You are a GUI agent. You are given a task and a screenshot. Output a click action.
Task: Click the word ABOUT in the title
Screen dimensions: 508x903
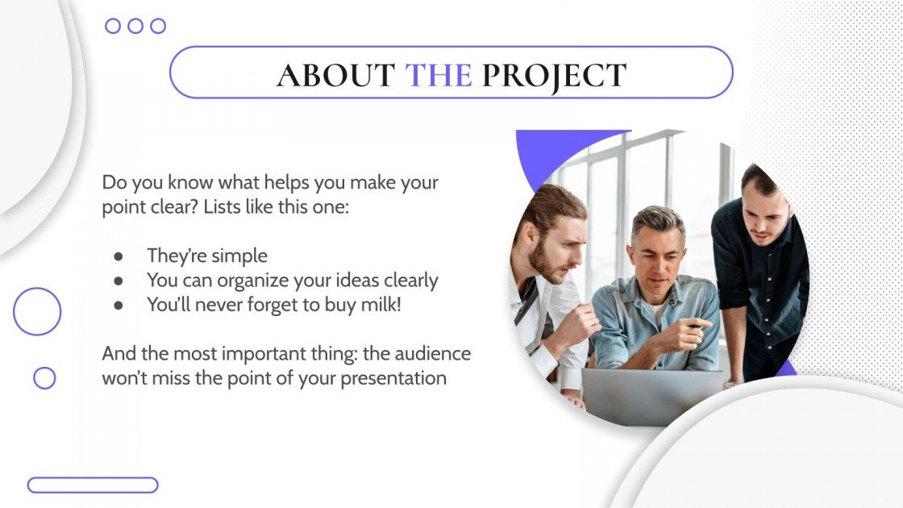[335, 75]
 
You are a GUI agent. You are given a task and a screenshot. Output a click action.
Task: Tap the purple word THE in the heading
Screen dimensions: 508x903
[438, 75]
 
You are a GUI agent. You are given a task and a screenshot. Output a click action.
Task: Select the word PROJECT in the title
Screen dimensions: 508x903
[554, 75]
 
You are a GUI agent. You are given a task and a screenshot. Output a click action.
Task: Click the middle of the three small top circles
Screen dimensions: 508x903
[135, 26]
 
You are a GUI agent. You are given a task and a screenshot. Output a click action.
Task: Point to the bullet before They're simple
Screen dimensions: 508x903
[119, 256]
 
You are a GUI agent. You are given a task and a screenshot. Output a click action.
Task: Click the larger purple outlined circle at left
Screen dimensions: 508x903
[37, 312]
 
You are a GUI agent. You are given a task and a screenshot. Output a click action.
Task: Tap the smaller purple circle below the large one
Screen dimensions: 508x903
[44, 378]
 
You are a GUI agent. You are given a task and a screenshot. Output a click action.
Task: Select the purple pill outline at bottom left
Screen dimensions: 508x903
[93, 485]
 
